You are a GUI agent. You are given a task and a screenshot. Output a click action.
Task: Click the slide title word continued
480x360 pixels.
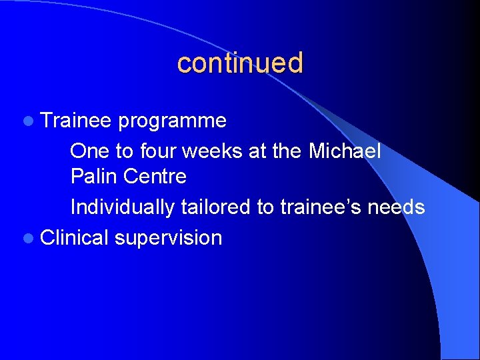pyautogui.click(x=240, y=63)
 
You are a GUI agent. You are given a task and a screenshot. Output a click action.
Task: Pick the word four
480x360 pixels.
pyautogui.click(x=158, y=151)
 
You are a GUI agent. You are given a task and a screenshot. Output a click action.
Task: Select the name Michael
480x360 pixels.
pyautogui.click(x=345, y=151)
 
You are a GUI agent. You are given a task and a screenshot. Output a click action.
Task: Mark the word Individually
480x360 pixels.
pyautogui.click(x=123, y=207)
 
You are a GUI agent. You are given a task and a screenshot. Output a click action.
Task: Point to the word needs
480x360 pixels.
pyautogui.click(x=397, y=207)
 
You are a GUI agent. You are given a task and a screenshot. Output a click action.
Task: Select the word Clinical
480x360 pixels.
pyautogui.click(x=75, y=237)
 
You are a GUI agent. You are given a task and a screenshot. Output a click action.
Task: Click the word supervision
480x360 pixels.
pyautogui.click(x=168, y=238)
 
